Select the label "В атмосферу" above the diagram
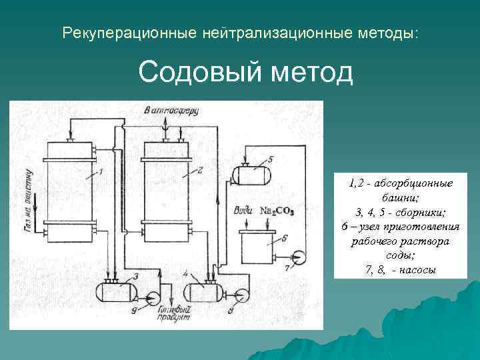coord(171,111)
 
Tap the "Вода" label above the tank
coord(243,210)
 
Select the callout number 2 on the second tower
coord(198,171)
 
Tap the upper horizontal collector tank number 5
coord(251,175)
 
